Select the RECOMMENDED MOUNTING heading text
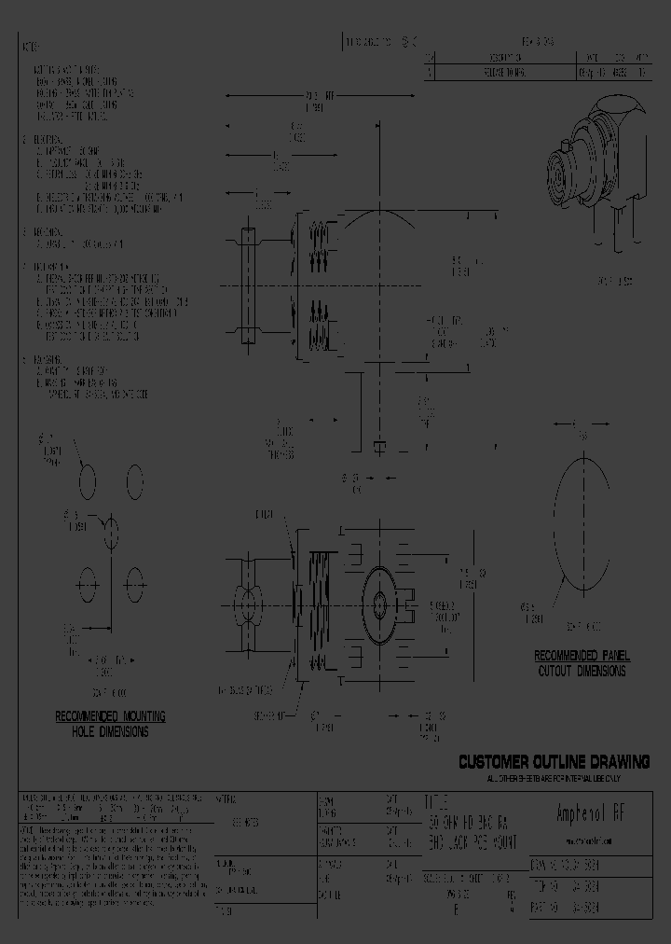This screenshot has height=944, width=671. (x=110, y=716)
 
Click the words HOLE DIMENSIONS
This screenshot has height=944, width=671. (x=110, y=732)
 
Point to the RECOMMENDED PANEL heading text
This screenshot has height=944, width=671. (x=582, y=656)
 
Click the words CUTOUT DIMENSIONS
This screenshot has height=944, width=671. (x=582, y=671)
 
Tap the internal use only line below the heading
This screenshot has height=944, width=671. (x=554, y=778)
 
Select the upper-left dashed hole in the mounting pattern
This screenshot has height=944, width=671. (x=87, y=482)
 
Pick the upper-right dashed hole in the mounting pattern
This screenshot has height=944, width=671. (x=134, y=482)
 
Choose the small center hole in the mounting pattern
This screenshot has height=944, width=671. (x=111, y=534)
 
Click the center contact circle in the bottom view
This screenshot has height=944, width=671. (x=378, y=604)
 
